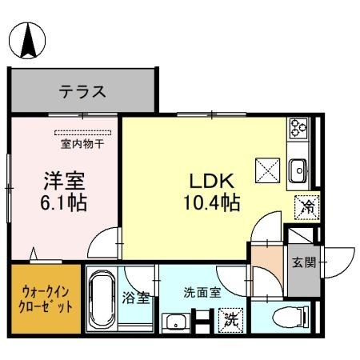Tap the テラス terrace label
click(x=82, y=91)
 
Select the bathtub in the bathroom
click(x=102, y=302)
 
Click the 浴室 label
click(x=135, y=298)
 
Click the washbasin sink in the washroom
click(x=176, y=323)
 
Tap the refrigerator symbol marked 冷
click(x=306, y=206)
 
